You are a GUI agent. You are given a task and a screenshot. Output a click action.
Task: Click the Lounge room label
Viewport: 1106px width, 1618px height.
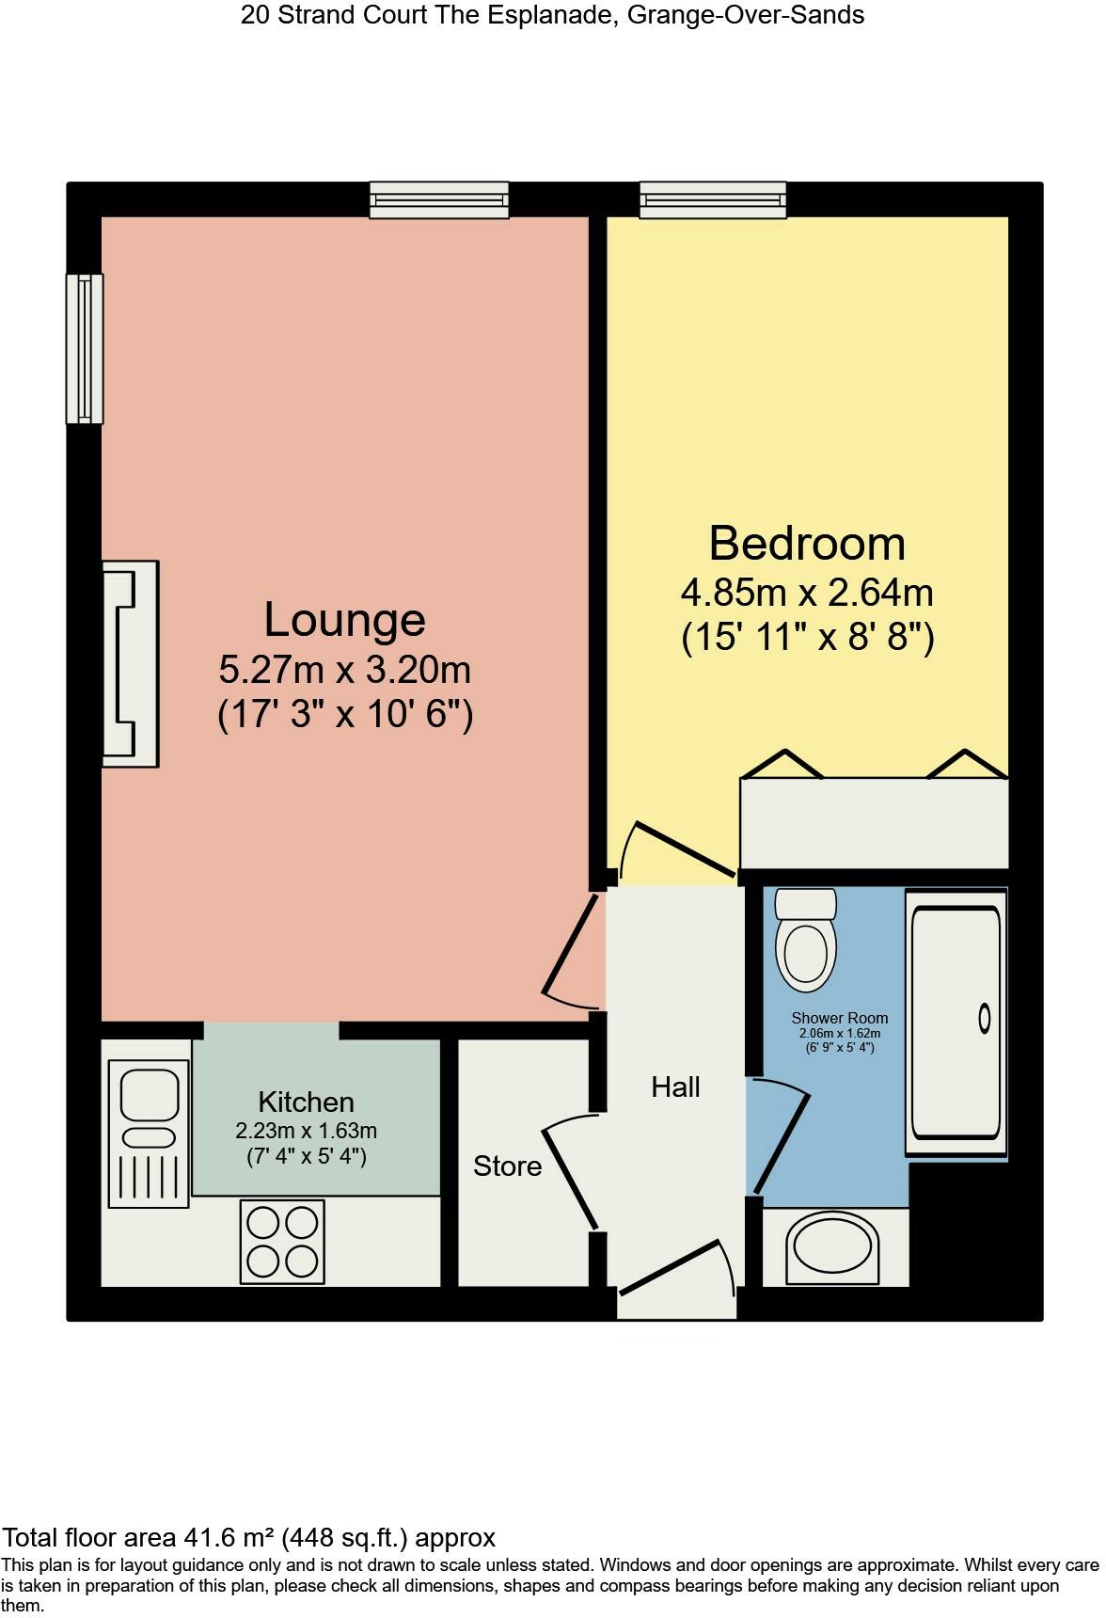tap(344, 620)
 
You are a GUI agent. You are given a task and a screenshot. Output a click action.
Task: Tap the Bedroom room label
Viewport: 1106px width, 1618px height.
tap(806, 544)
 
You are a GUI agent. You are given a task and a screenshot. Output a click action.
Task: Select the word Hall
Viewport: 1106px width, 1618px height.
tap(675, 1087)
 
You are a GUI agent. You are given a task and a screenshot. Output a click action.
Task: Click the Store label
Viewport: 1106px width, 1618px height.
tap(507, 1166)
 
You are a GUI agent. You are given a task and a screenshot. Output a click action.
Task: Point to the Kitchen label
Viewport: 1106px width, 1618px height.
tap(306, 1102)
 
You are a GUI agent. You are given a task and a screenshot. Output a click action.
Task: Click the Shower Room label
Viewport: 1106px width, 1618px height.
tap(839, 1018)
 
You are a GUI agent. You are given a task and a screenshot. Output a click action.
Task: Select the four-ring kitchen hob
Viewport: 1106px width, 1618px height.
tap(282, 1241)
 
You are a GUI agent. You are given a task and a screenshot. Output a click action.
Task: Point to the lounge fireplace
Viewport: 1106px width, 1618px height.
tap(130, 664)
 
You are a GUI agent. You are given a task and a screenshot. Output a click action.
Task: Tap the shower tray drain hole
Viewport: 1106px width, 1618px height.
tap(985, 1018)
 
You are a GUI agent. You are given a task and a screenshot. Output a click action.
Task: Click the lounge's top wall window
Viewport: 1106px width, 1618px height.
tap(439, 199)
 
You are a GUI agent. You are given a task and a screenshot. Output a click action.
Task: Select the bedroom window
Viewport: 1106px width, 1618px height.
tap(712, 199)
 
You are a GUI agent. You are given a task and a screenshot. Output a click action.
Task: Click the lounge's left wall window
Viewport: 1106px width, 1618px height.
tap(84, 348)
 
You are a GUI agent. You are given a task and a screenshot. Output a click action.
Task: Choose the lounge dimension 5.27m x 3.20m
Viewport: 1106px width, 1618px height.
tap(344, 671)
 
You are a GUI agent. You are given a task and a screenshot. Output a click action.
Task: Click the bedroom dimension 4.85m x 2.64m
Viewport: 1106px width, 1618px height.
tap(806, 594)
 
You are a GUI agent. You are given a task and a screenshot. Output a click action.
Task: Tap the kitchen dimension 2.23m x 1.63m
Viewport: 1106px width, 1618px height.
tap(306, 1131)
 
